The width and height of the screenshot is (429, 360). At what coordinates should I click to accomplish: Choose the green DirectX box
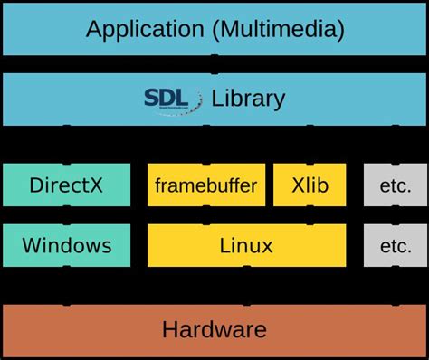pyautogui.click(x=66, y=186)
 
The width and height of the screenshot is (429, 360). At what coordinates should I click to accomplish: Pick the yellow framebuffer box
pyautogui.click(x=206, y=186)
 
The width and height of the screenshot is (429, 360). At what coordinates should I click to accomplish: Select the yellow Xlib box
pyautogui.click(x=310, y=186)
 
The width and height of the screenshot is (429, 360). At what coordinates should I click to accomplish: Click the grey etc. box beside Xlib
pyautogui.click(x=396, y=186)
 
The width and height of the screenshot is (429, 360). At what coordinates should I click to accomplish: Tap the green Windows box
pyautogui.click(x=66, y=245)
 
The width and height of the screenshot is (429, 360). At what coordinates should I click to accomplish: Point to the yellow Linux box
pyautogui.click(x=246, y=245)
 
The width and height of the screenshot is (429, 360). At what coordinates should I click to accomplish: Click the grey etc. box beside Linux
pyautogui.click(x=396, y=245)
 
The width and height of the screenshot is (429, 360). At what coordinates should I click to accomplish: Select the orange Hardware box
pyautogui.click(x=214, y=329)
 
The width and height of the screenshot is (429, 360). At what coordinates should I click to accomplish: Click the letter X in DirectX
pyautogui.click(x=97, y=186)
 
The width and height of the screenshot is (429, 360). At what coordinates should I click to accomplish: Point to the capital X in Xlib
pyautogui.click(x=298, y=186)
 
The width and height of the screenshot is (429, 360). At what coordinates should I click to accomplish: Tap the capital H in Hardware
pyautogui.click(x=169, y=329)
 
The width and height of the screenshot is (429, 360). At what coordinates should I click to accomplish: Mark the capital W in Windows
pyautogui.click(x=33, y=245)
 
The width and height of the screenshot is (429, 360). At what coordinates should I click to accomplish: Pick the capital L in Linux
pyautogui.click(x=225, y=245)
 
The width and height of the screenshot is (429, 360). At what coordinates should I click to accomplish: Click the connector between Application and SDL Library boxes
pyautogui.click(x=214, y=64)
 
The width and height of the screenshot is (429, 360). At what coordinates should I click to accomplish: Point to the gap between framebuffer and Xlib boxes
pyautogui.click(x=270, y=186)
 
